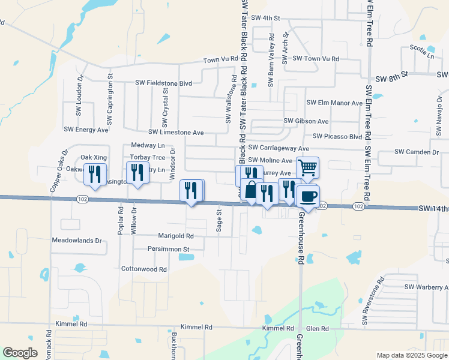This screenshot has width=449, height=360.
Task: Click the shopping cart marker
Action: pyautogui.click(x=307, y=168)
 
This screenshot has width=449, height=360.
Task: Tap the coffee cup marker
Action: pyautogui.click(x=308, y=197)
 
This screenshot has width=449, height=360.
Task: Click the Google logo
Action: pyautogui.click(x=20, y=353)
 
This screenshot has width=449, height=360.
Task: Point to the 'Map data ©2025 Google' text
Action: pyautogui.click(x=411, y=355)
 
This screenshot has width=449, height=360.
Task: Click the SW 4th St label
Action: pyautogui.click(x=266, y=18)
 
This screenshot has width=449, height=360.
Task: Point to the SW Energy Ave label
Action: pyautogui.click(x=86, y=129)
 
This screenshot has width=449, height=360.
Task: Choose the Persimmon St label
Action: pyautogui.click(x=169, y=248)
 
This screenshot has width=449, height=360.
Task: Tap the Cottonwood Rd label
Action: pyautogui.click(x=144, y=269)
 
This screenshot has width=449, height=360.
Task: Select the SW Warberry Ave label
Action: pyautogui.click(x=426, y=287)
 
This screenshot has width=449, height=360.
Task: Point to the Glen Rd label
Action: pyautogui.click(x=317, y=329)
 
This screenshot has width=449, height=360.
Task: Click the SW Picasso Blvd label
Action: pyautogui.click(x=338, y=136)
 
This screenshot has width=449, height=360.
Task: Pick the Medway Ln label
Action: pyautogui.click(x=148, y=146)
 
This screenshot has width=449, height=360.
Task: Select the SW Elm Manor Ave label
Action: pyautogui.click(x=333, y=103)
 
